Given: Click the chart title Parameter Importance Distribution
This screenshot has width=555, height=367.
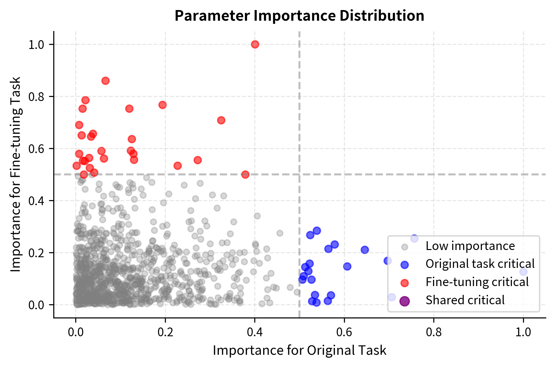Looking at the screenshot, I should (299, 16).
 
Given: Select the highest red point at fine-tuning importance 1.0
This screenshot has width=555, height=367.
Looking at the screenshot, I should (255, 45).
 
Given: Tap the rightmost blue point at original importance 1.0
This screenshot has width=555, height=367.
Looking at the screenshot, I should (523, 272).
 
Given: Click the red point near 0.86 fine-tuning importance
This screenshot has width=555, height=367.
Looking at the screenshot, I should (105, 81).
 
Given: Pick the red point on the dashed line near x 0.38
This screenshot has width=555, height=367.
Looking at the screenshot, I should (245, 174).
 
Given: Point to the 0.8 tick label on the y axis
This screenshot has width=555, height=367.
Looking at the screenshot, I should (36, 97).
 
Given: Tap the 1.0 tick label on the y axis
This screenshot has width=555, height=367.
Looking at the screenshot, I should (36, 45).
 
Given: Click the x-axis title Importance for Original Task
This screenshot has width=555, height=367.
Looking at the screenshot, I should (299, 351).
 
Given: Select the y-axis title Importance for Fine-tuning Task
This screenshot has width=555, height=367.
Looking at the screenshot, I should (16, 174).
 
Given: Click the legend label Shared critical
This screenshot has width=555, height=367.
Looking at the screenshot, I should (465, 300).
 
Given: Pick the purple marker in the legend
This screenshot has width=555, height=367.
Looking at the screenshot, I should (404, 301).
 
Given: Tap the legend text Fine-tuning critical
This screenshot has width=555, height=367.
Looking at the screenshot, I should (477, 282).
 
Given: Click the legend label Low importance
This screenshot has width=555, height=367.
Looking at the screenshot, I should (470, 246).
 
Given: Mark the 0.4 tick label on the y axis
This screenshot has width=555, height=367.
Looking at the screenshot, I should (36, 201).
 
